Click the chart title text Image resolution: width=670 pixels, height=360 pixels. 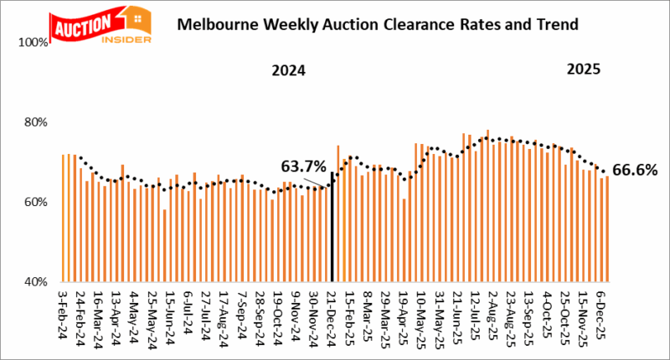point(378,25)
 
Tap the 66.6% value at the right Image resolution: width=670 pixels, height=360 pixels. point(635,170)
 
